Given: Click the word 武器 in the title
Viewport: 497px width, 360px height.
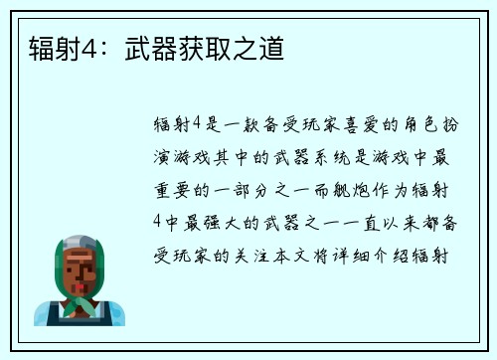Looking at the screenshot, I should tap(146, 47).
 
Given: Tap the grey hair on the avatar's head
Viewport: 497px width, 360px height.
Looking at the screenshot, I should tap(79, 244).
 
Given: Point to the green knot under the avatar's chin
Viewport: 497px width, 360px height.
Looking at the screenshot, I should tap(80, 303).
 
